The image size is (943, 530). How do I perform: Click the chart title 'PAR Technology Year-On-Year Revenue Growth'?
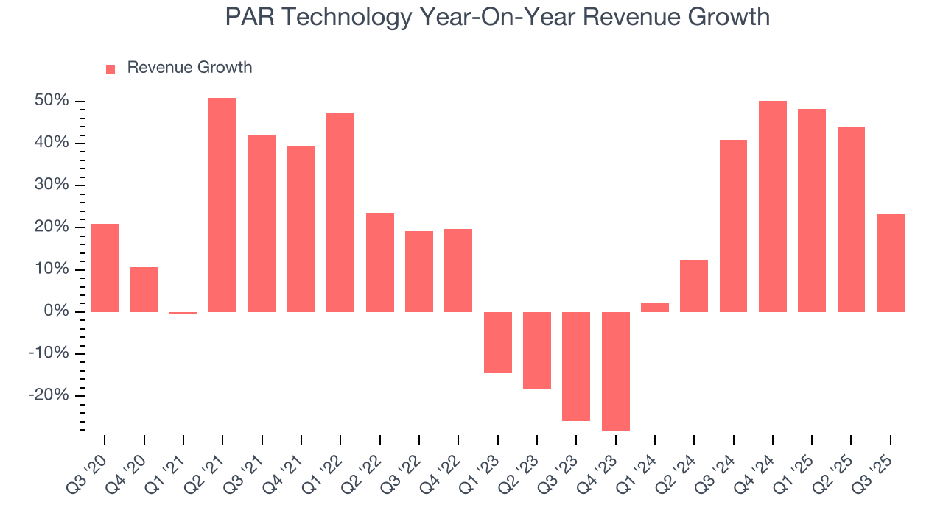(497, 17)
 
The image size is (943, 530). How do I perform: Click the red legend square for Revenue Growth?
(111, 68)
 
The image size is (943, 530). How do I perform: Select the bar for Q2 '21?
(222, 205)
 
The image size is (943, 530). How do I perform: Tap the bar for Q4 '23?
(616, 371)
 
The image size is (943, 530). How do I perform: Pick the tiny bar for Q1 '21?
(183, 313)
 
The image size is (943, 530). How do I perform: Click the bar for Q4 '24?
(773, 206)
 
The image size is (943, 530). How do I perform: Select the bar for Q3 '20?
(105, 268)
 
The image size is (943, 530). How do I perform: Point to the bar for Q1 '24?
(655, 307)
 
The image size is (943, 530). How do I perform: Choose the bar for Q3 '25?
(891, 263)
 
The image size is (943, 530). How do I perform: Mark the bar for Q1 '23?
(498, 342)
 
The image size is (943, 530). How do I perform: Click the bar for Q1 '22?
(340, 212)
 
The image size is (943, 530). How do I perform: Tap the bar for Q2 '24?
(694, 286)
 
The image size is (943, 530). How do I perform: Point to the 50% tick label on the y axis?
(52, 100)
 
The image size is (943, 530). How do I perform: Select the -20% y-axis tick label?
(49, 395)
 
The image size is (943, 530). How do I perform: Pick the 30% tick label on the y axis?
(52, 185)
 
